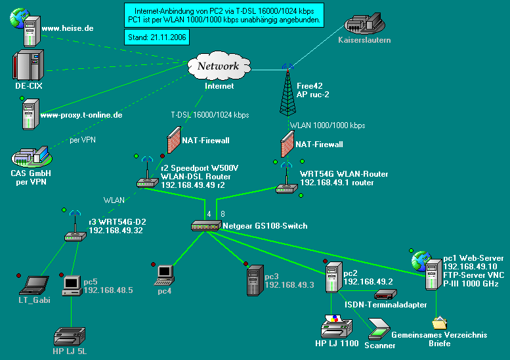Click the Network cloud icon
point(219,66)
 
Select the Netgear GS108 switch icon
point(206,225)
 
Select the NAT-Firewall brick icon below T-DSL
point(173,141)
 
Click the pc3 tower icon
point(253,281)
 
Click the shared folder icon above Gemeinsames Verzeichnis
point(439,323)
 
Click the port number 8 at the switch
point(223,214)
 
